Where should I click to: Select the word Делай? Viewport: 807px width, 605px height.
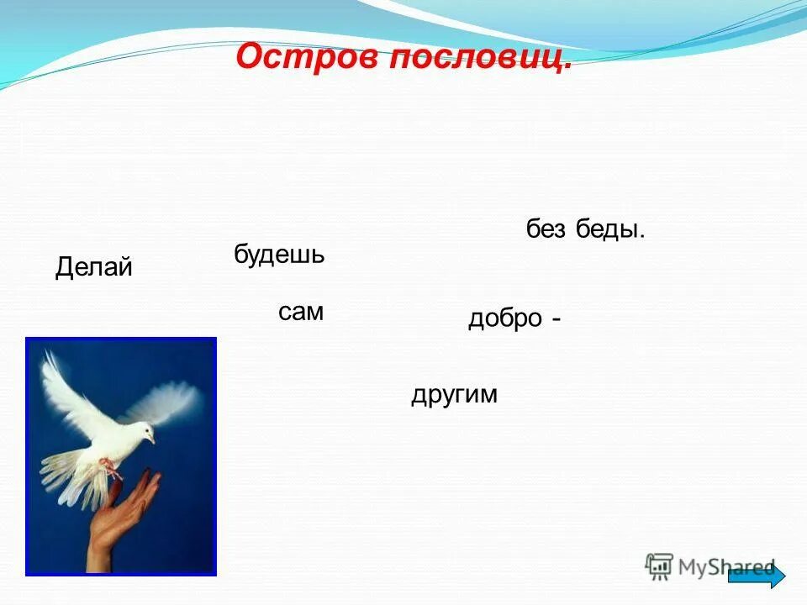tap(94, 268)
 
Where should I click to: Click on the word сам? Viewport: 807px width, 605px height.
tap(301, 313)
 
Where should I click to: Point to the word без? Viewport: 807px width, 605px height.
tap(546, 229)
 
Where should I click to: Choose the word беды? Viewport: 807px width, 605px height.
tap(610, 229)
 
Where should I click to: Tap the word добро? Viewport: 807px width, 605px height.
tap(504, 319)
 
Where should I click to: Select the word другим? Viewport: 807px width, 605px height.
tap(454, 394)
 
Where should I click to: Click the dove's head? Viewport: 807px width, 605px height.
tap(143, 431)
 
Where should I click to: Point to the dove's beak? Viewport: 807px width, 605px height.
tap(152, 439)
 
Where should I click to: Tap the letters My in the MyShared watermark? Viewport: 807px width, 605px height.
tap(694, 568)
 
